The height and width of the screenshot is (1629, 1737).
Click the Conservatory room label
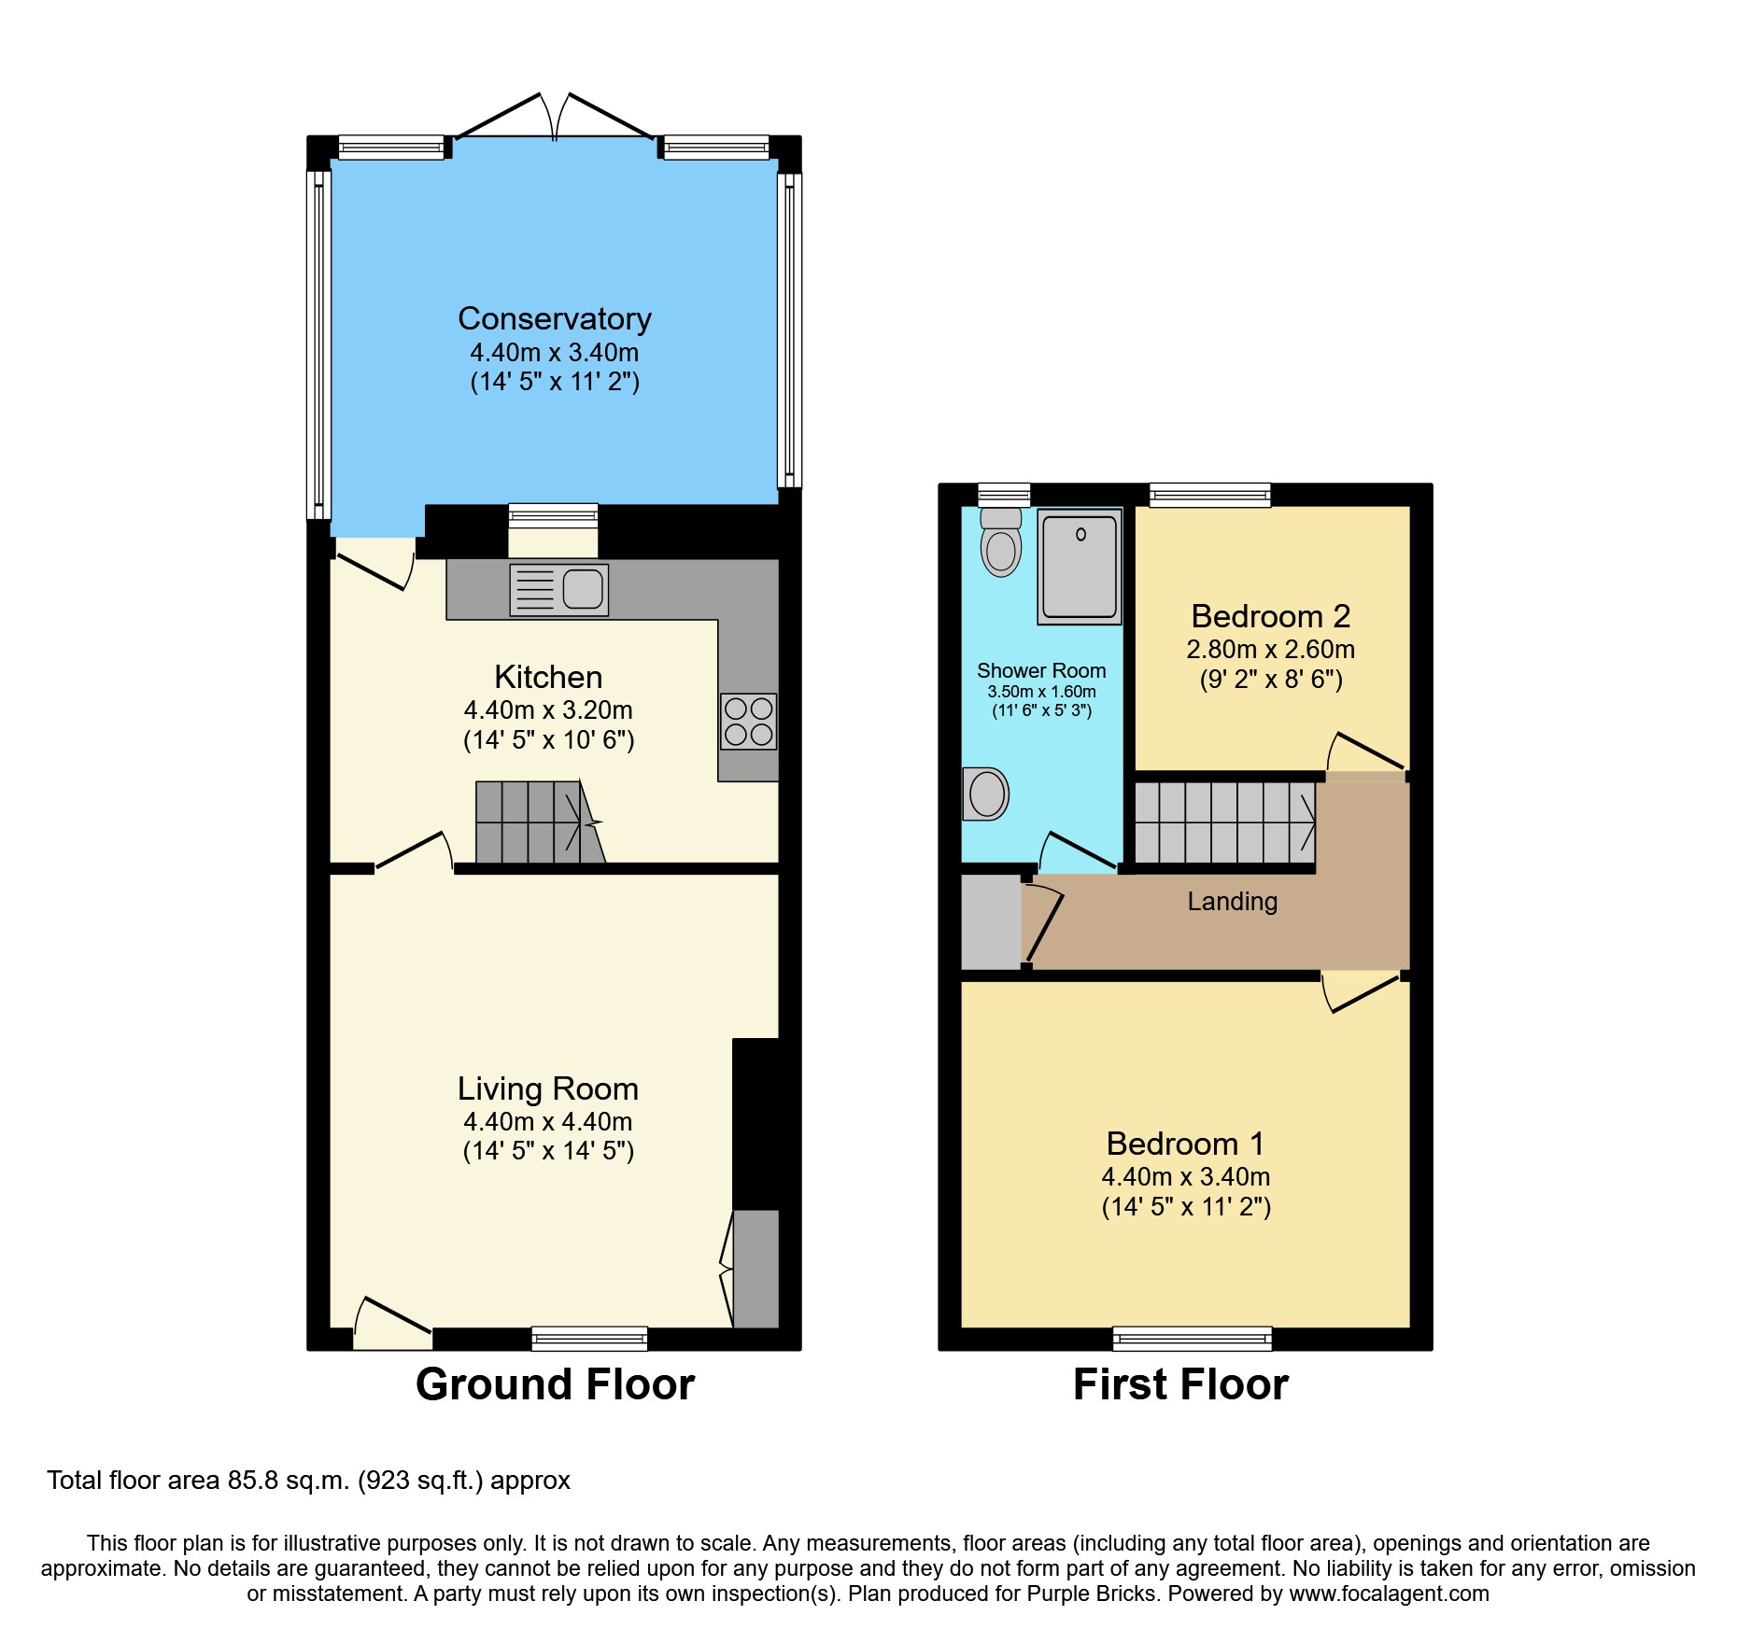pos(554,319)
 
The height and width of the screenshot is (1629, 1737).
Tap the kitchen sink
pos(559,589)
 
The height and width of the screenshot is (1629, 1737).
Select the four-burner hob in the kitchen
pos(748,722)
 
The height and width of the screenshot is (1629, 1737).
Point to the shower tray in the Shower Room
pos(1080,567)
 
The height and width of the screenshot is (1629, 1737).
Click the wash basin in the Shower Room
pos(986,794)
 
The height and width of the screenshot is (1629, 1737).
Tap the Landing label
pos(1232,902)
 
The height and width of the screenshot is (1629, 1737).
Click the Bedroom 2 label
pos(1270,616)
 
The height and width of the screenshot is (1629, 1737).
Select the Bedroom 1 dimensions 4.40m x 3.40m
pos(1185,1177)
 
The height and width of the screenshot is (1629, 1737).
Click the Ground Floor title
pos(555,1384)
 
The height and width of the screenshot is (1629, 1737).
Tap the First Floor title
pos(1180,1384)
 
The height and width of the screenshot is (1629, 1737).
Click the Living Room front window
pos(589,1339)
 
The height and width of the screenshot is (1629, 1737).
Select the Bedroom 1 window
pos(1192,1339)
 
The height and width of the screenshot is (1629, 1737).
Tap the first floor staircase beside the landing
pos(1224,822)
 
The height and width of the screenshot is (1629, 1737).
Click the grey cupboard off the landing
pos(991,921)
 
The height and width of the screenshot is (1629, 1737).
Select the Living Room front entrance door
pos(393,1326)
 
